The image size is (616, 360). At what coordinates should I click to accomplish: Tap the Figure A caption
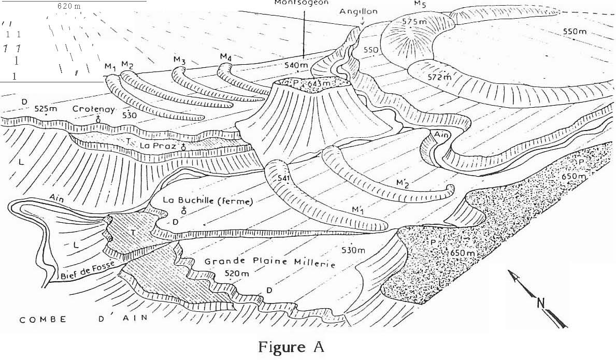point(292,347)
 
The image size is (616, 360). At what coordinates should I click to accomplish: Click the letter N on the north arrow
point(540,304)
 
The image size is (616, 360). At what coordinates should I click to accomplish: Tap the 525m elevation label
point(45,109)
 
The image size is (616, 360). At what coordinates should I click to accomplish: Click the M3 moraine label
point(179,61)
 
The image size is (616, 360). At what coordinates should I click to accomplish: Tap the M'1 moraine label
point(357,209)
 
